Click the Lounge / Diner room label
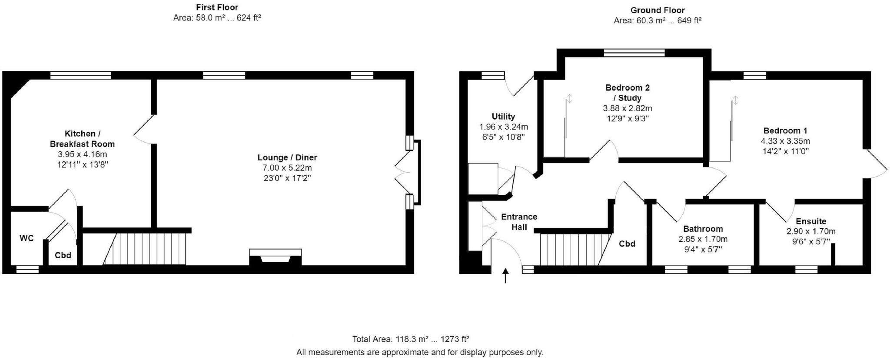click(287, 157)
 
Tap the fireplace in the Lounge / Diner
click(275, 257)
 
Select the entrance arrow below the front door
click(505, 276)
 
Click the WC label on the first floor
click(27, 238)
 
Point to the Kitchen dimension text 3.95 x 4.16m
click(82, 154)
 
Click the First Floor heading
click(217, 7)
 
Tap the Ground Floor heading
click(658, 10)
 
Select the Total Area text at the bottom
click(410, 339)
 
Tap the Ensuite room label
click(811, 221)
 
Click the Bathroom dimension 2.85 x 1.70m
click(703, 239)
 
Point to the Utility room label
click(503, 117)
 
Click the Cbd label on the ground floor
click(627, 244)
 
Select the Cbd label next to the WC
click(63, 255)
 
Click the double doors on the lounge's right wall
click(403, 172)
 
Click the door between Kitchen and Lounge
click(144, 129)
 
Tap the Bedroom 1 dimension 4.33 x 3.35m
click(785, 141)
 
